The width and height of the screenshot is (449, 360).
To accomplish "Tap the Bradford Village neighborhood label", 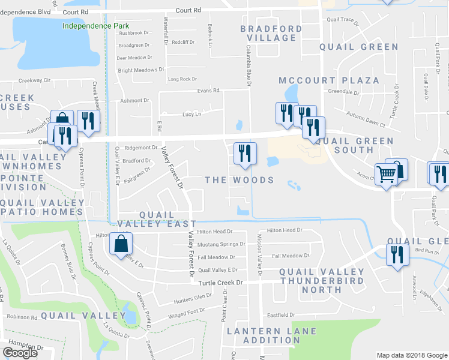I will [271, 33].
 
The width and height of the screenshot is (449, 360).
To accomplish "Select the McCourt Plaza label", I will [329, 80].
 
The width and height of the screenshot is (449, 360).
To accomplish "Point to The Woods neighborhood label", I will [240, 180].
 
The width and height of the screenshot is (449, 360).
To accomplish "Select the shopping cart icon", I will [387, 174].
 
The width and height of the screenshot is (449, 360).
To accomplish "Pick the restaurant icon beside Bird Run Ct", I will [396, 255].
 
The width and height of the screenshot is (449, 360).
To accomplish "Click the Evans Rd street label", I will [209, 91].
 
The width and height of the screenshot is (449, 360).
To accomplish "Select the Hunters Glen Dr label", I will [191, 296].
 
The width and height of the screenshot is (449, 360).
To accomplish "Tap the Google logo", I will [20, 353].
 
